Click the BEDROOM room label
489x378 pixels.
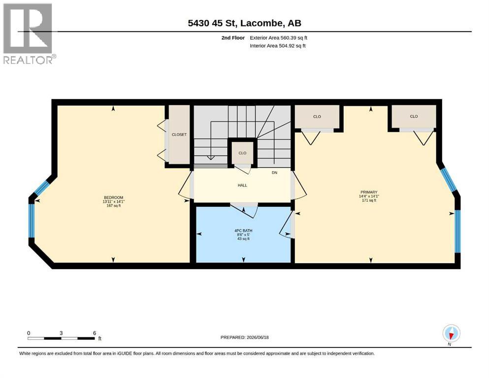[114, 197]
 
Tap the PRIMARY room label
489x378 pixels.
[369, 192]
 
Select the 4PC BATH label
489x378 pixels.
[243, 231]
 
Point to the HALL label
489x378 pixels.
[242, 185]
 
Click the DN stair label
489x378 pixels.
[274, 173]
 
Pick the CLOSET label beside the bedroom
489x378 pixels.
[179, 135]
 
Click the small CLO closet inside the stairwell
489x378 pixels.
[242, 153]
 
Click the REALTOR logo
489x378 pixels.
[30, 33]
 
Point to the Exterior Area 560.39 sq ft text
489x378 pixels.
[279, 38]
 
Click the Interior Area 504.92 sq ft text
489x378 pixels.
[278, 46]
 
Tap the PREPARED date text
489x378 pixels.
[244, 337]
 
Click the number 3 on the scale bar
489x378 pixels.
[61, 333]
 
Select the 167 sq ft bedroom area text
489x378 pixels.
[114, 206]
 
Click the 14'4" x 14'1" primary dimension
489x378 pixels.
[369, 196]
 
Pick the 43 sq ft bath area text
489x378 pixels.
[243, 239]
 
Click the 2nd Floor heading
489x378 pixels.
[233, 38]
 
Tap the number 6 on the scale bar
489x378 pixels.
[95, 333]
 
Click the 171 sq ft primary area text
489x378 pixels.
[369, 200]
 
